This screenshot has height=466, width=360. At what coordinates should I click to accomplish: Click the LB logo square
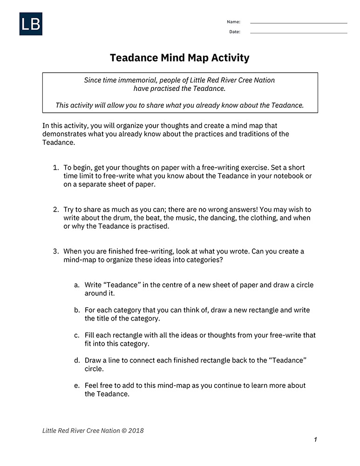[31, 24]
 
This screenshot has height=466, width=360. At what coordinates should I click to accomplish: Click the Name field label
[233, 22]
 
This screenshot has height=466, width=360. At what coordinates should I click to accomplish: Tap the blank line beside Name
[299, 23]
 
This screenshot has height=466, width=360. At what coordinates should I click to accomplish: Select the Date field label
[234, 32]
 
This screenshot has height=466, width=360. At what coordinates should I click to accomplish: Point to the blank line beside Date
[299, 33]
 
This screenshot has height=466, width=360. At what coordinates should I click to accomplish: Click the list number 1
[55, 167]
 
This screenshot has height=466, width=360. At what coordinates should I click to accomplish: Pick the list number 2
[55, 209]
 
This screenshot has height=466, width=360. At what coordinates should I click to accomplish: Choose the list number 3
[55, 251]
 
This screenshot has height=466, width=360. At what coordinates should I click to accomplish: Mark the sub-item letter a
[76, 285]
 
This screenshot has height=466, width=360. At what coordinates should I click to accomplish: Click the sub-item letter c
[76, 335]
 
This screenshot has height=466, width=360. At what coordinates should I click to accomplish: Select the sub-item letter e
[76, 385]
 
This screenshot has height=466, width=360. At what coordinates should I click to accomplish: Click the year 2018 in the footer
[136, 431]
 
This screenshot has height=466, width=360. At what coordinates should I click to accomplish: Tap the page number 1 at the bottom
[315, 440]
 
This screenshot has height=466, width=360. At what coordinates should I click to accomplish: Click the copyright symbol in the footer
[124, 431]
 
